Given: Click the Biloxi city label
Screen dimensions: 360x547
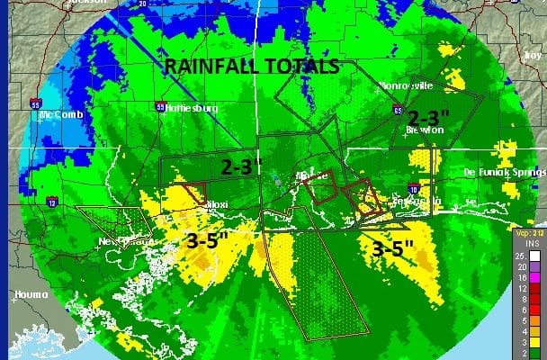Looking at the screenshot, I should tap(215, 204).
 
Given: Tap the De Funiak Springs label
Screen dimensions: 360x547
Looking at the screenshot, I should tap(507, 171).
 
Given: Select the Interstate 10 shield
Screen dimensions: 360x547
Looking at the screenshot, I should tap(412, 189).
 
